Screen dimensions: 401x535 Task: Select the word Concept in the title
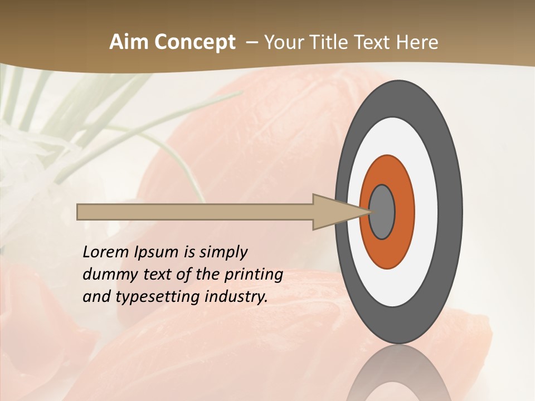[194, 42]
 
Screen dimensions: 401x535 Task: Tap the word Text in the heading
[372, 42]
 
